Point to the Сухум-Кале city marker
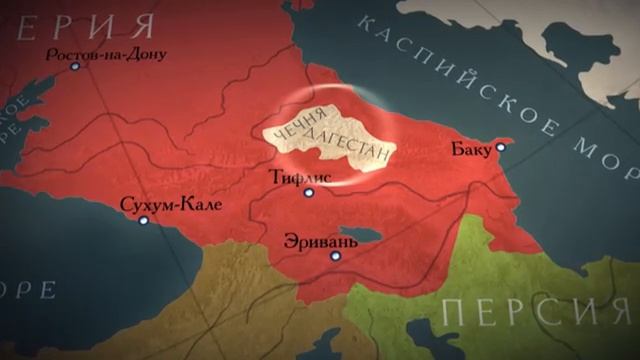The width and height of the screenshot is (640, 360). pyautogui.click(x=144, y=220)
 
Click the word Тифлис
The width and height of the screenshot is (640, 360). pyautogui.click(x=301, y=178)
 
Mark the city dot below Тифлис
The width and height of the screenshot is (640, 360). pyautogui.click(x=309, y=193)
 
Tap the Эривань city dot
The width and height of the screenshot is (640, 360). pyautogui.click(x=336, y=256)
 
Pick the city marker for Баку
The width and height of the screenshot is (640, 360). pyautogui.click(x=501, y=147)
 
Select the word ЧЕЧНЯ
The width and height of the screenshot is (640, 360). pyautogui.click(x=288, y=130)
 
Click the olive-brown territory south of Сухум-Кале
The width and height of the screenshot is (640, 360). pyautogui.click(x=180, y=300)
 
